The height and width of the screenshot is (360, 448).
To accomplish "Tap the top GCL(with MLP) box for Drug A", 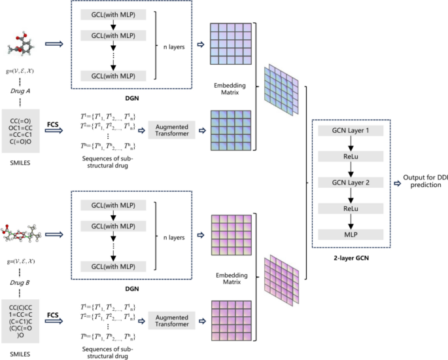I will (114, 12).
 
